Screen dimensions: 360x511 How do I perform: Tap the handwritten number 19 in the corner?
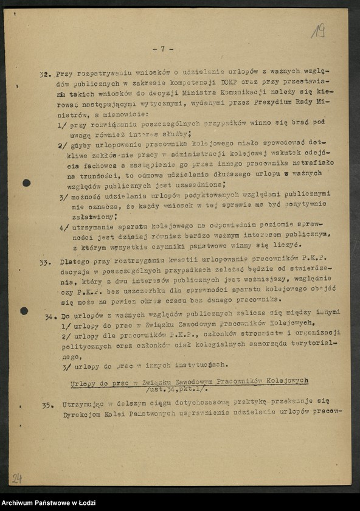(318, 30)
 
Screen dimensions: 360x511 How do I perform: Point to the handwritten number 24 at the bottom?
(17, 478)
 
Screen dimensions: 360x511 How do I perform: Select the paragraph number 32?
(44, 75)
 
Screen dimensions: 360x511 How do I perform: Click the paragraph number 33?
(44, 263)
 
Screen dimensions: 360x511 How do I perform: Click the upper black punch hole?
(27, 182)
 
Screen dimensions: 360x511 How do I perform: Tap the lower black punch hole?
(24, 311)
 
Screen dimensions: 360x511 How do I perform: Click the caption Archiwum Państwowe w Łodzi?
(46, 502)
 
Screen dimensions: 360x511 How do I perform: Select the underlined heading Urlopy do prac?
(189, 380)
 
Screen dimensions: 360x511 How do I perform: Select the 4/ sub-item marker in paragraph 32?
(63, 227)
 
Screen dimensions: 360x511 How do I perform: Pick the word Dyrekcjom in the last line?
(83, 414)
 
